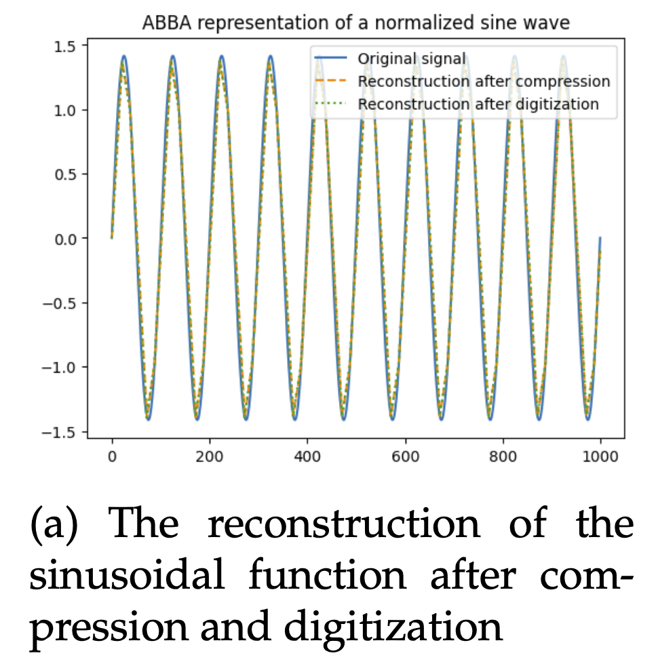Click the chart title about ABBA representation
pos(355,23)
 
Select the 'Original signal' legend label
pos(412,58)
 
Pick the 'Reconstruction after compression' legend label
pos(484,81)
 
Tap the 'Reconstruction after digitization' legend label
pos(478,104)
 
